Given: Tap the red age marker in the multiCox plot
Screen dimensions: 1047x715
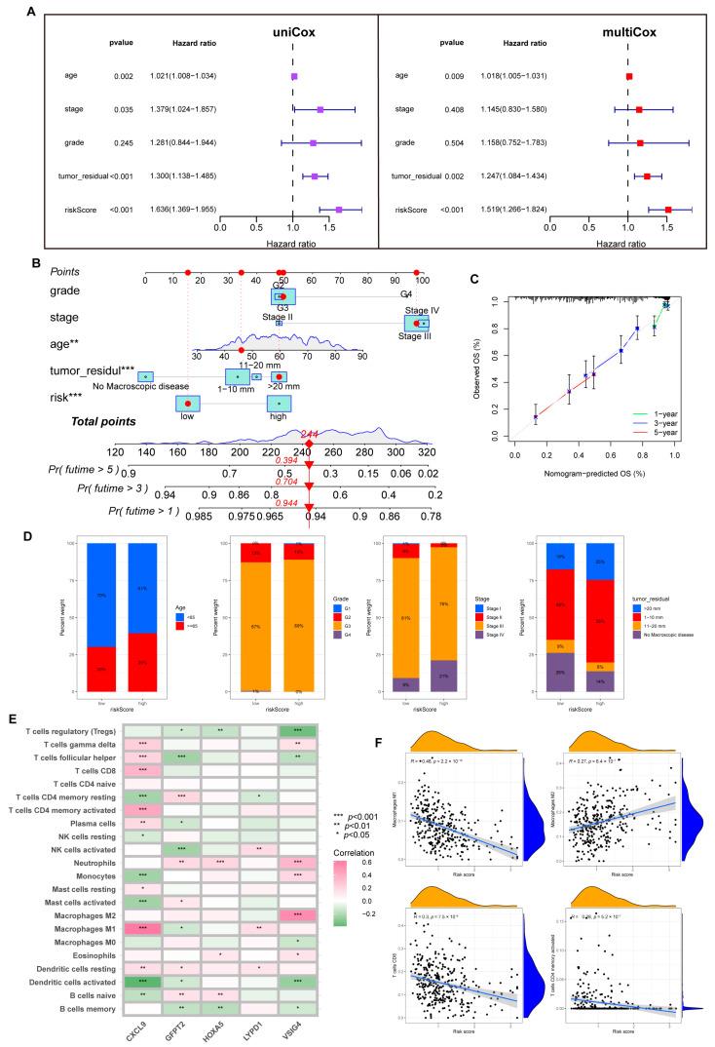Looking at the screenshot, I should click(x=629, y=75).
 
